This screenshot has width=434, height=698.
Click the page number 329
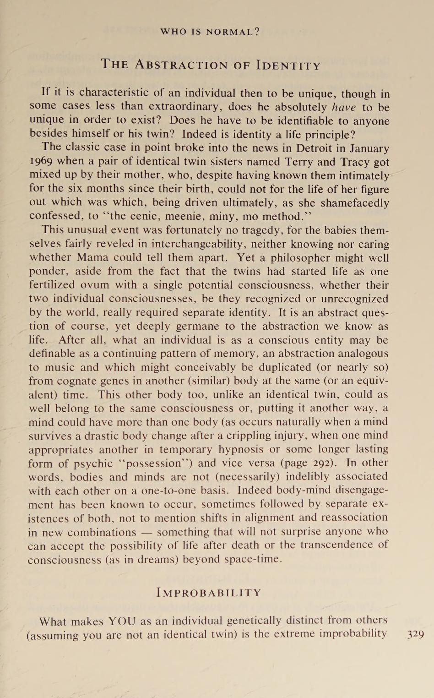pos(415,634)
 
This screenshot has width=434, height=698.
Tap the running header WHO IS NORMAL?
pos(210,32)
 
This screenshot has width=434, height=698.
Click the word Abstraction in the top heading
pos(181,65)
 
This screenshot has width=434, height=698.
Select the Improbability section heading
pos(209,593)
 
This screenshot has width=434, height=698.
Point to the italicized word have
pos(344,108)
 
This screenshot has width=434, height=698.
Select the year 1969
pos(41,162)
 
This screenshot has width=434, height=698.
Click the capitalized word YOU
pos(122,622)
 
